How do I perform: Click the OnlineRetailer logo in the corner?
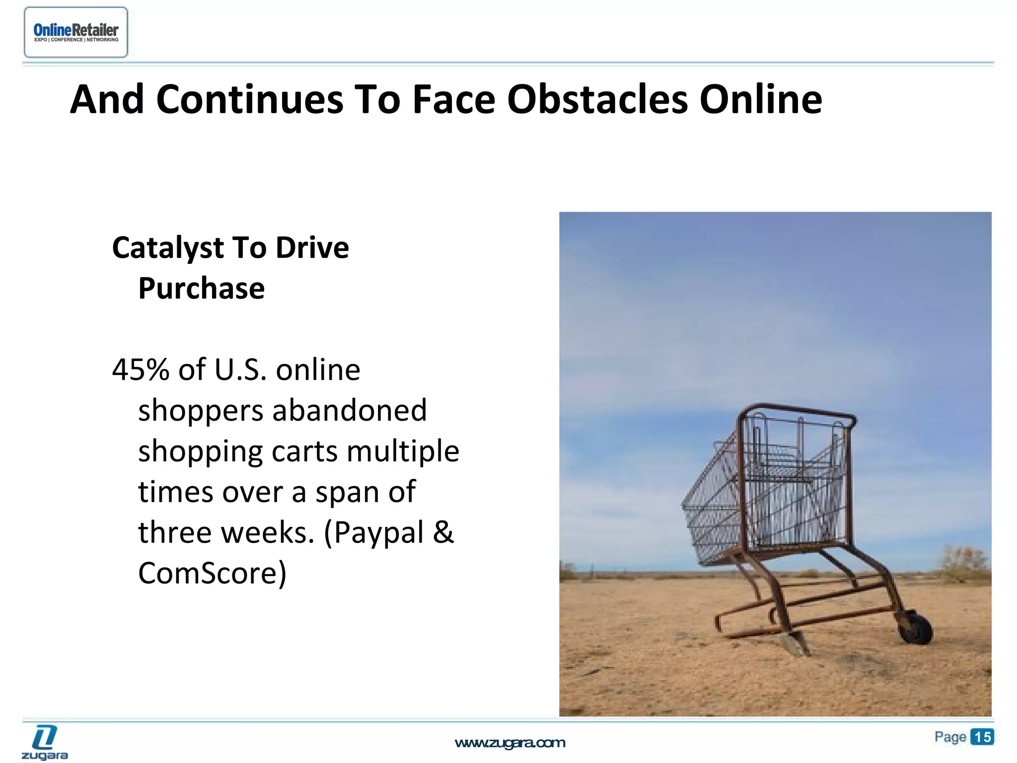(x=75, y=32)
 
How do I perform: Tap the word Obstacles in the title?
(x=597, y=99)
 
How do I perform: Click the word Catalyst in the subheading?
(x=168, y=247)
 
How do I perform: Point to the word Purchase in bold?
(x=201, y=288)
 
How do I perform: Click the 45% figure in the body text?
(x=141, y=370)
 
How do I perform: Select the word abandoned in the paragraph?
(x=349, y=410)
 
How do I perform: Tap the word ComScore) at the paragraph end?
(x=212, y=573)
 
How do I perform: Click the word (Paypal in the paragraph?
(x=373, y=533)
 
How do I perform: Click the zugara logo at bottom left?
(x=45, y=743)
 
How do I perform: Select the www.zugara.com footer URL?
(x=509, y=743)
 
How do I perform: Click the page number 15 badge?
(x=982, y=737)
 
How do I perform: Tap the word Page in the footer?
(x=949, y=737)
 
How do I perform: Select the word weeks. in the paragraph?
(x=267, y=533)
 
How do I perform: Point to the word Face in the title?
(x=453, y=99)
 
